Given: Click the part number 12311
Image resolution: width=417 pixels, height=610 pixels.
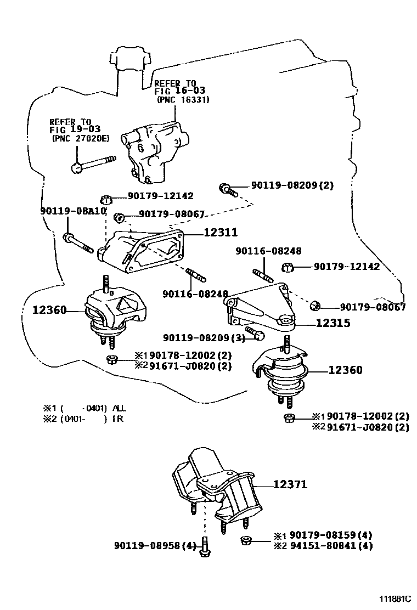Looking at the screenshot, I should click(x=221, y=233).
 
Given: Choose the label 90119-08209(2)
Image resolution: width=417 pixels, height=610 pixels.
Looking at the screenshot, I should click(x=292, y=185).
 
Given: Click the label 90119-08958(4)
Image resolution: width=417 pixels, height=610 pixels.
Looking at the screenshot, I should click(x=155, y=546).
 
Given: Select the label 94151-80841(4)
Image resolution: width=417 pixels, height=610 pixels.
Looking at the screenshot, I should click(x=331, y=546).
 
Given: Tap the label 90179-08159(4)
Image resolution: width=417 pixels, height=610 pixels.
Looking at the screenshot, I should click(x=331, y=535).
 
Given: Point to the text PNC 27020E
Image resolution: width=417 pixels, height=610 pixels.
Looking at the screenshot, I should click(x=81, y=138).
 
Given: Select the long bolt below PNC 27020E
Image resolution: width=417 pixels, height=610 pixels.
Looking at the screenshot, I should click(x=93, y=163).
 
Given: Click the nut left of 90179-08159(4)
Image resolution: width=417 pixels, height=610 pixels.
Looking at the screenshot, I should click(x=247, y=541).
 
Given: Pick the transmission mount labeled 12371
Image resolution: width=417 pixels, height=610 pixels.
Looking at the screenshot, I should click(x=217, y=485).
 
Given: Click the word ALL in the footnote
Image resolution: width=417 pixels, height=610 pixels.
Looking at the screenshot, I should click(x=119, y=408).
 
